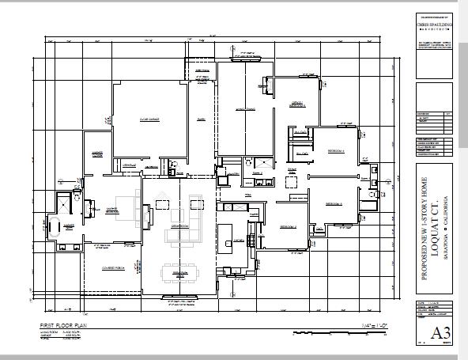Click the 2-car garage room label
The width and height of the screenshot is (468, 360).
point(150,119)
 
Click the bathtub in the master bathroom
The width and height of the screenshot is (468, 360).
point(58,223)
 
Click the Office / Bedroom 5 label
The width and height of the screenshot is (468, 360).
point(296,104)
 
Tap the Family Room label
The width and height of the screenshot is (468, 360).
point(243,110)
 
